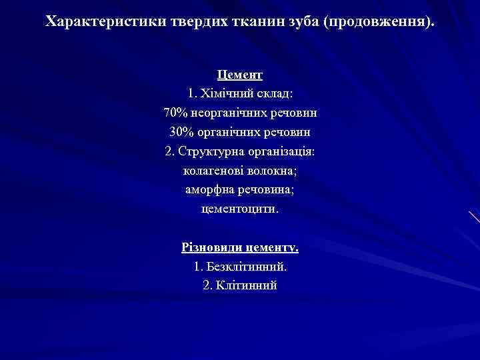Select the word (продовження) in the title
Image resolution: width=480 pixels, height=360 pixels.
378,21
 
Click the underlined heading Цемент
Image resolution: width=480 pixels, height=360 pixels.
240,75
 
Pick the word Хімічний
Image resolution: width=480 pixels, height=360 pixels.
226,93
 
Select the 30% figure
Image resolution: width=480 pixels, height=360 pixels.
182,132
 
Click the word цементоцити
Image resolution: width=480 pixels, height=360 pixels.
240,209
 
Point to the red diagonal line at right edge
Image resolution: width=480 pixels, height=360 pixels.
473,217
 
